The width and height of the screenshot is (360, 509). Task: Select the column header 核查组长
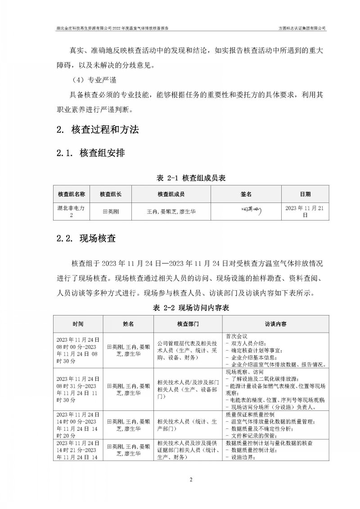click(110, 194)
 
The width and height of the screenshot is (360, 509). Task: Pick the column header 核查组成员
click(171, 194)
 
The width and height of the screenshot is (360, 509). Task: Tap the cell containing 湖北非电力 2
click(71, 210)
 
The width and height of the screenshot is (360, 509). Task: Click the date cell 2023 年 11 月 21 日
click(305, 210)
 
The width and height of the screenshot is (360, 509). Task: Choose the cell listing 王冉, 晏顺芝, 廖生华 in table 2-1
click(171, 210)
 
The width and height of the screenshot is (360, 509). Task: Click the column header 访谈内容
click(276, 324)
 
